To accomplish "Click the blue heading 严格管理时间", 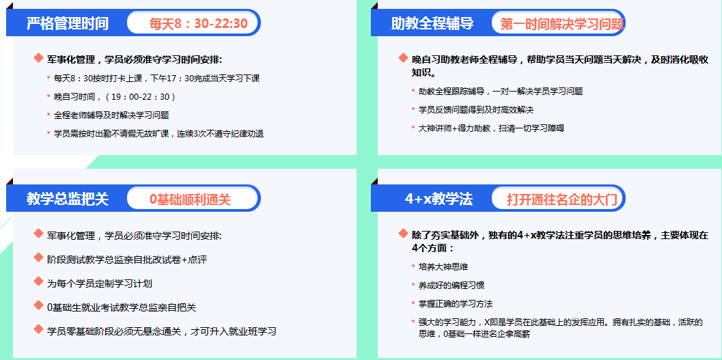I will pyautogui.click(x=67, y=24).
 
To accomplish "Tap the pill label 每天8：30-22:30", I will pyautogui.click(x=198, y=24).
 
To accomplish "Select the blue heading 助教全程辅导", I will pyautogui.click(x=432, y=24).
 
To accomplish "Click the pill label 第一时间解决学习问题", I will pyautogui.click(x=561, y=24).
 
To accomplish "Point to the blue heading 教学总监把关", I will pyautogui.click(x=67, y=199).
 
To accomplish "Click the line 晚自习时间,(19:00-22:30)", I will pyautogui.click(x=115, y=96).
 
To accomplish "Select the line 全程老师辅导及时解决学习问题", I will pyautogui.click(x=111, y=115).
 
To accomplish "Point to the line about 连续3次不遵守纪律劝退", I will pyautogui.click(x=158, y=133).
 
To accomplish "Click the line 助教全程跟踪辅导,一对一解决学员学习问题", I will pyautogui.click(x=500, y=91).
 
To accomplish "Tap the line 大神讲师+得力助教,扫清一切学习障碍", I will pyautogui.click(x=490, y=128).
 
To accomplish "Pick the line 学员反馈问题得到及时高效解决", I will pyautogui.click(x=475, y=109).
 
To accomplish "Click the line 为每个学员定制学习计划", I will pyautogui.click(x=99, y=283).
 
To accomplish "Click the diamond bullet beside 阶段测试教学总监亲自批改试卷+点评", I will pyautogui.click(x=38, y=258).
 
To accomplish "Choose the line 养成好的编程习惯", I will pyautogui.click(x=452, y=285).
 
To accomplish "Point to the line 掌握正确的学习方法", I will pyautogui.click(x=456, y=303).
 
